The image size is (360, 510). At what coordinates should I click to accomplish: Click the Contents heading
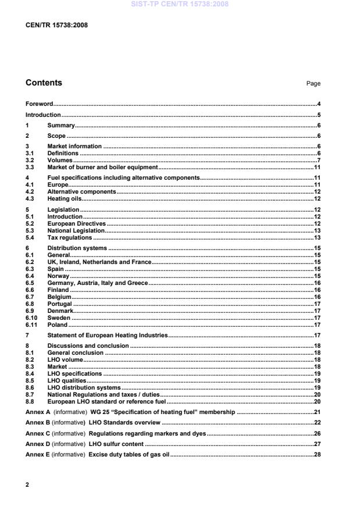coord(44,83)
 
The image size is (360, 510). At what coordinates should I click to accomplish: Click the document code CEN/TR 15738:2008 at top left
coord(52,24)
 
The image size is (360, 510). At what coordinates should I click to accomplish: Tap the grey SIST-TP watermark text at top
coord(180,4)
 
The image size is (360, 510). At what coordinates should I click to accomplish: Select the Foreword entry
coord(40,104)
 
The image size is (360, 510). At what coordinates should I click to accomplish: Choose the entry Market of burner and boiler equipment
coord(102,167)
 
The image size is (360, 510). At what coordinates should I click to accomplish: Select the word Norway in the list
coord(58,276)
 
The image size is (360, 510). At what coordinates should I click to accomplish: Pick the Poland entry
coord(58,325)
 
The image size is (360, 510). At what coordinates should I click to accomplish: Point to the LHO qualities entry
coord(66,380)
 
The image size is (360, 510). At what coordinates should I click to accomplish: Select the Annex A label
coord(38,412)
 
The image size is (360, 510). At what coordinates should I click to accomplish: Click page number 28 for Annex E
coord(318,454)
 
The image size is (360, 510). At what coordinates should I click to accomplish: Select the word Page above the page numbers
coord(313,84)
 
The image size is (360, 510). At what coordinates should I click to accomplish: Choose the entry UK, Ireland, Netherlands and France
coord(99,262)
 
